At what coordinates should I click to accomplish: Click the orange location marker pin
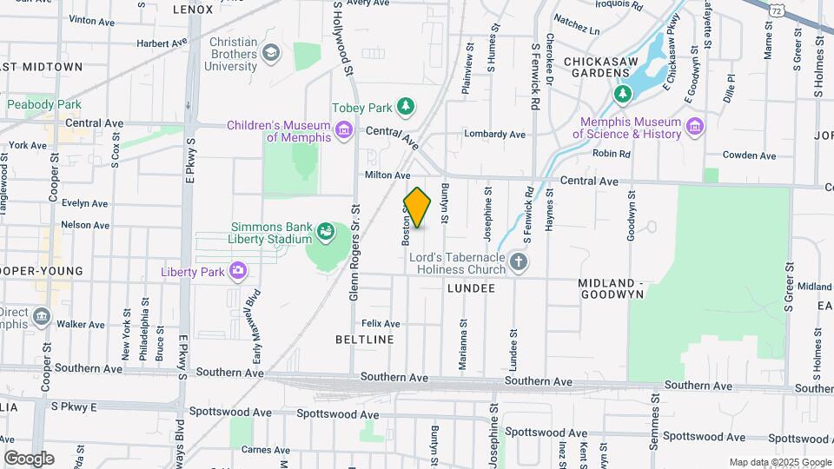(x=418, y=208)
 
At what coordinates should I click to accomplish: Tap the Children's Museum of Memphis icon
(x=344, y=131)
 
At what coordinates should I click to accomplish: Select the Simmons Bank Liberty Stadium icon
(x=326, y=232)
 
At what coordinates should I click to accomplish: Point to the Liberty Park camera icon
(x=237, y=272)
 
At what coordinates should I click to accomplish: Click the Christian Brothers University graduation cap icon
(x=272, y=54)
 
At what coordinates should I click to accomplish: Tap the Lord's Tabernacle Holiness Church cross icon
(x=519, y=262)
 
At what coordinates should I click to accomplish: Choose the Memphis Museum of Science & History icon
(x=695, y=128)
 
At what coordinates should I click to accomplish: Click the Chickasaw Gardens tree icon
(x=622, y=93)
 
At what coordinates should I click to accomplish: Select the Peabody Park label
(x=43, y=104)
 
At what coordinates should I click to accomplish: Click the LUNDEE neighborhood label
(x=471, y=287)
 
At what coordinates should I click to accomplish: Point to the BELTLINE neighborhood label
(x=365, y=340)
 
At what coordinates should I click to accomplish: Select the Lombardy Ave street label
(x=494, y=135)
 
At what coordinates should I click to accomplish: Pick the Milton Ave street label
(x=387, y=175)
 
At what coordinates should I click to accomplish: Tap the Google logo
(x=29, y=458)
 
